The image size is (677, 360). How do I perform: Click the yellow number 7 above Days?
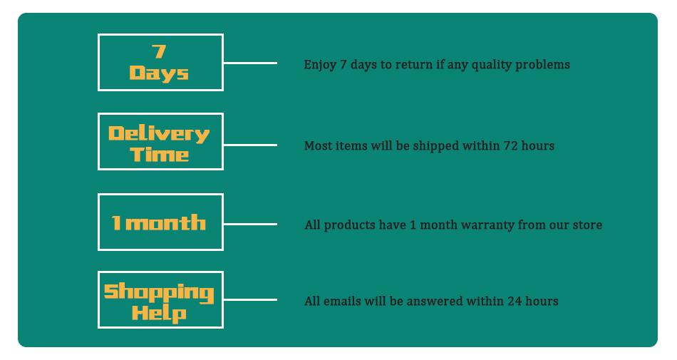tap(159, 51)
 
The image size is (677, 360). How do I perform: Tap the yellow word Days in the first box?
tap(159, 73)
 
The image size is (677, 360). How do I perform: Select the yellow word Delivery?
tap(159, 134)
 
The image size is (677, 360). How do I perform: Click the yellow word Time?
tap(160, 155)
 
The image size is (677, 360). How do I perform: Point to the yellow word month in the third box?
tap(165, 222)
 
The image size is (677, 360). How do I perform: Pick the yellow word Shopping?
tap(159, 293)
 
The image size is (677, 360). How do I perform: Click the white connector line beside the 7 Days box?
tap(250, 63)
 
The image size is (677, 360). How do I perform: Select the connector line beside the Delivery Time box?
tap(250, 145)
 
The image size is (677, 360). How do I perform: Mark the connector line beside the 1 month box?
tap(250, 224)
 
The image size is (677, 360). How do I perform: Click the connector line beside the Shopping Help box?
tap(250, 299)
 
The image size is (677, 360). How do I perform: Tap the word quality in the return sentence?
tap(491, 65)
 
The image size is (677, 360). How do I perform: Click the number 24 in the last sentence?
tap(515, 302)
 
